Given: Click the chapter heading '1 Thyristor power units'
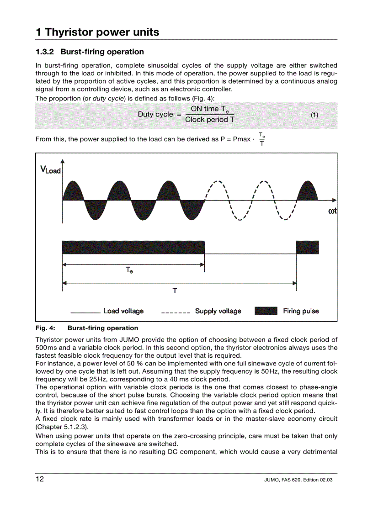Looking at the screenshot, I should tap(97, 32).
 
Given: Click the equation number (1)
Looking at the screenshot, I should tap(314, 115).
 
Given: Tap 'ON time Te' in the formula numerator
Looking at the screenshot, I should tap(209, 109).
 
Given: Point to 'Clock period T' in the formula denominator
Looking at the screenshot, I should tap(210, 120).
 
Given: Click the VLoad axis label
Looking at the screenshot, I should tap(50, 170).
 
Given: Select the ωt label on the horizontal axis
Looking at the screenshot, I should tap(332, 211).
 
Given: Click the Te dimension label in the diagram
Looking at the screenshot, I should tap(129, 270).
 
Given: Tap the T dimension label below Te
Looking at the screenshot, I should tap(175, 291).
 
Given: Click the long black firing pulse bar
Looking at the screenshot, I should tap(133, 247).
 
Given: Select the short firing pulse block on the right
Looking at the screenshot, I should tap(307, 247).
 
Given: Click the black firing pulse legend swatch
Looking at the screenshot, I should tap(266, 311).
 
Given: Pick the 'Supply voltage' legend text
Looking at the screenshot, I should tap(218, 311).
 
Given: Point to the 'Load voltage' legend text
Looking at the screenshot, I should tap(123, 311).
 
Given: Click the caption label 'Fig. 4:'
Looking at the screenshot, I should tap(45, 328).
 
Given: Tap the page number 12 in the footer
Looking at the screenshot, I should tap(40, 479).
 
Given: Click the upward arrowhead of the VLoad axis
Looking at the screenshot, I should tap(63, 161).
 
